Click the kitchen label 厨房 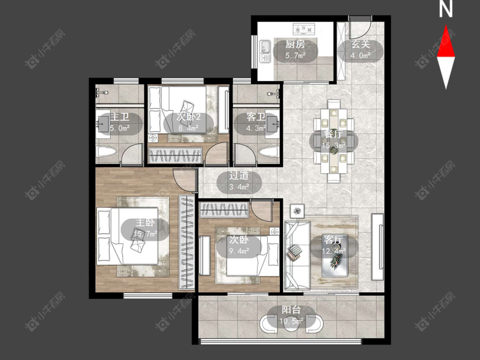pyautogui.click(x=295, y=44)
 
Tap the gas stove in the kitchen pyautogui.click(x=304, y=29)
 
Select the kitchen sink pyautogui.click(x=265, y=51)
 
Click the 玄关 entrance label pyautogui.click(x=361, y=44)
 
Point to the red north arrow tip pyautogui.click(x=446, y=26)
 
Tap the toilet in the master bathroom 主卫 pyautogui.click(x=106, y=151)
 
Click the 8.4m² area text pyautogui.click(x=189, y=128)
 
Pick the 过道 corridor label pyautogui.click(x=239, y=176)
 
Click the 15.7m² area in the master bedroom pyautogui.click(x=145, y=234)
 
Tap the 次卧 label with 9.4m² pyautogui.click(x=239, y=239)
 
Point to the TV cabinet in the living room pyautogui.click(x=378, y=247)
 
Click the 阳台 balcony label pyautogui.click(x=291, y=310)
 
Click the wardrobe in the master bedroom pyautogui.click(x=187, y=242)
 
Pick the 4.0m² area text pyautogui.click(x=361, y=55)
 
